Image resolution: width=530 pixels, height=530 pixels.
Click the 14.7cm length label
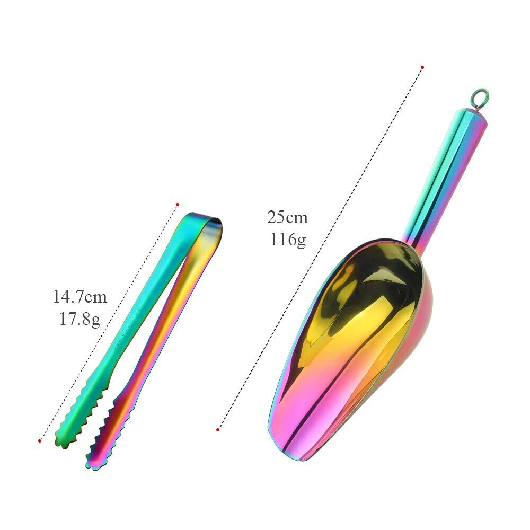click(80, 297)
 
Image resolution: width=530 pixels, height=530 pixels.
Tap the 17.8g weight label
click(80, 319)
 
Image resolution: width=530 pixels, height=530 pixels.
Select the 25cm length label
click(288, 217)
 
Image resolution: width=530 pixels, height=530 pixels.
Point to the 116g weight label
click(288, 240)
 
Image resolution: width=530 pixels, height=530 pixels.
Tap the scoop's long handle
click(446, 172)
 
